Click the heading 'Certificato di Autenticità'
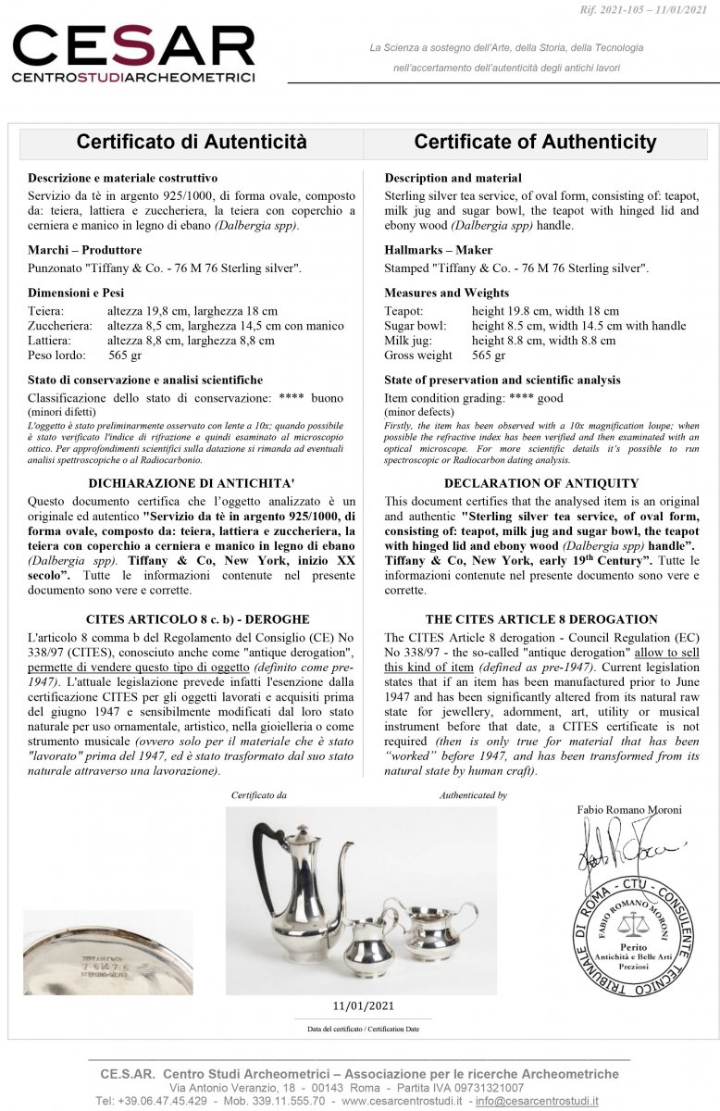click(x=191, y=142)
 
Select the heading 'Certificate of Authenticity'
click(x=535, y=142)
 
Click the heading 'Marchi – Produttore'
click(x=85, y=250)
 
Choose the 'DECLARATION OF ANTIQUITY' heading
click(x=541, y=482)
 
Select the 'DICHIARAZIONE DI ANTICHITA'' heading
click(x=191, y=482)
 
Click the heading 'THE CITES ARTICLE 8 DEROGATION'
click(x=541, y=618)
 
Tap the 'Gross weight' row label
click(x=418, y=356)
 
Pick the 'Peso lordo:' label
click(x=56, y=356)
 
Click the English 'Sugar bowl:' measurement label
click(x=415, y=326)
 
